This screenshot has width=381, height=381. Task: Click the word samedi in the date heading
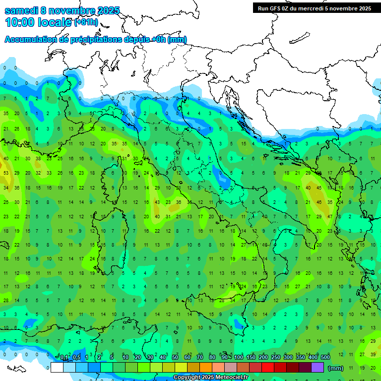tap(22, 10)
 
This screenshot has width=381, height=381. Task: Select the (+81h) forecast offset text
tap(86, 22)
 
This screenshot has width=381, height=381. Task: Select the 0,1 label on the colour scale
tap(63, 358)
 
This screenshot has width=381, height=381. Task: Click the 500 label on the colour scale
tap(325, 358)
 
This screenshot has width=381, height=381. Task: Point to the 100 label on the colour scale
tap(239, 358)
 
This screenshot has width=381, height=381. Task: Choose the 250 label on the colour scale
tap(276, 358)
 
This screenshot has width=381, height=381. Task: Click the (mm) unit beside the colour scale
tap(336, 368)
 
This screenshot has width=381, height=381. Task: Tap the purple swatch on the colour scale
tap(317, 367)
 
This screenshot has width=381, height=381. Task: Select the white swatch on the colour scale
tap(57, 367)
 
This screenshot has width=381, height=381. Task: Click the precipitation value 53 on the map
tap(6, 173)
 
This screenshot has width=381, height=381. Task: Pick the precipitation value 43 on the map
tap(157, 202)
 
